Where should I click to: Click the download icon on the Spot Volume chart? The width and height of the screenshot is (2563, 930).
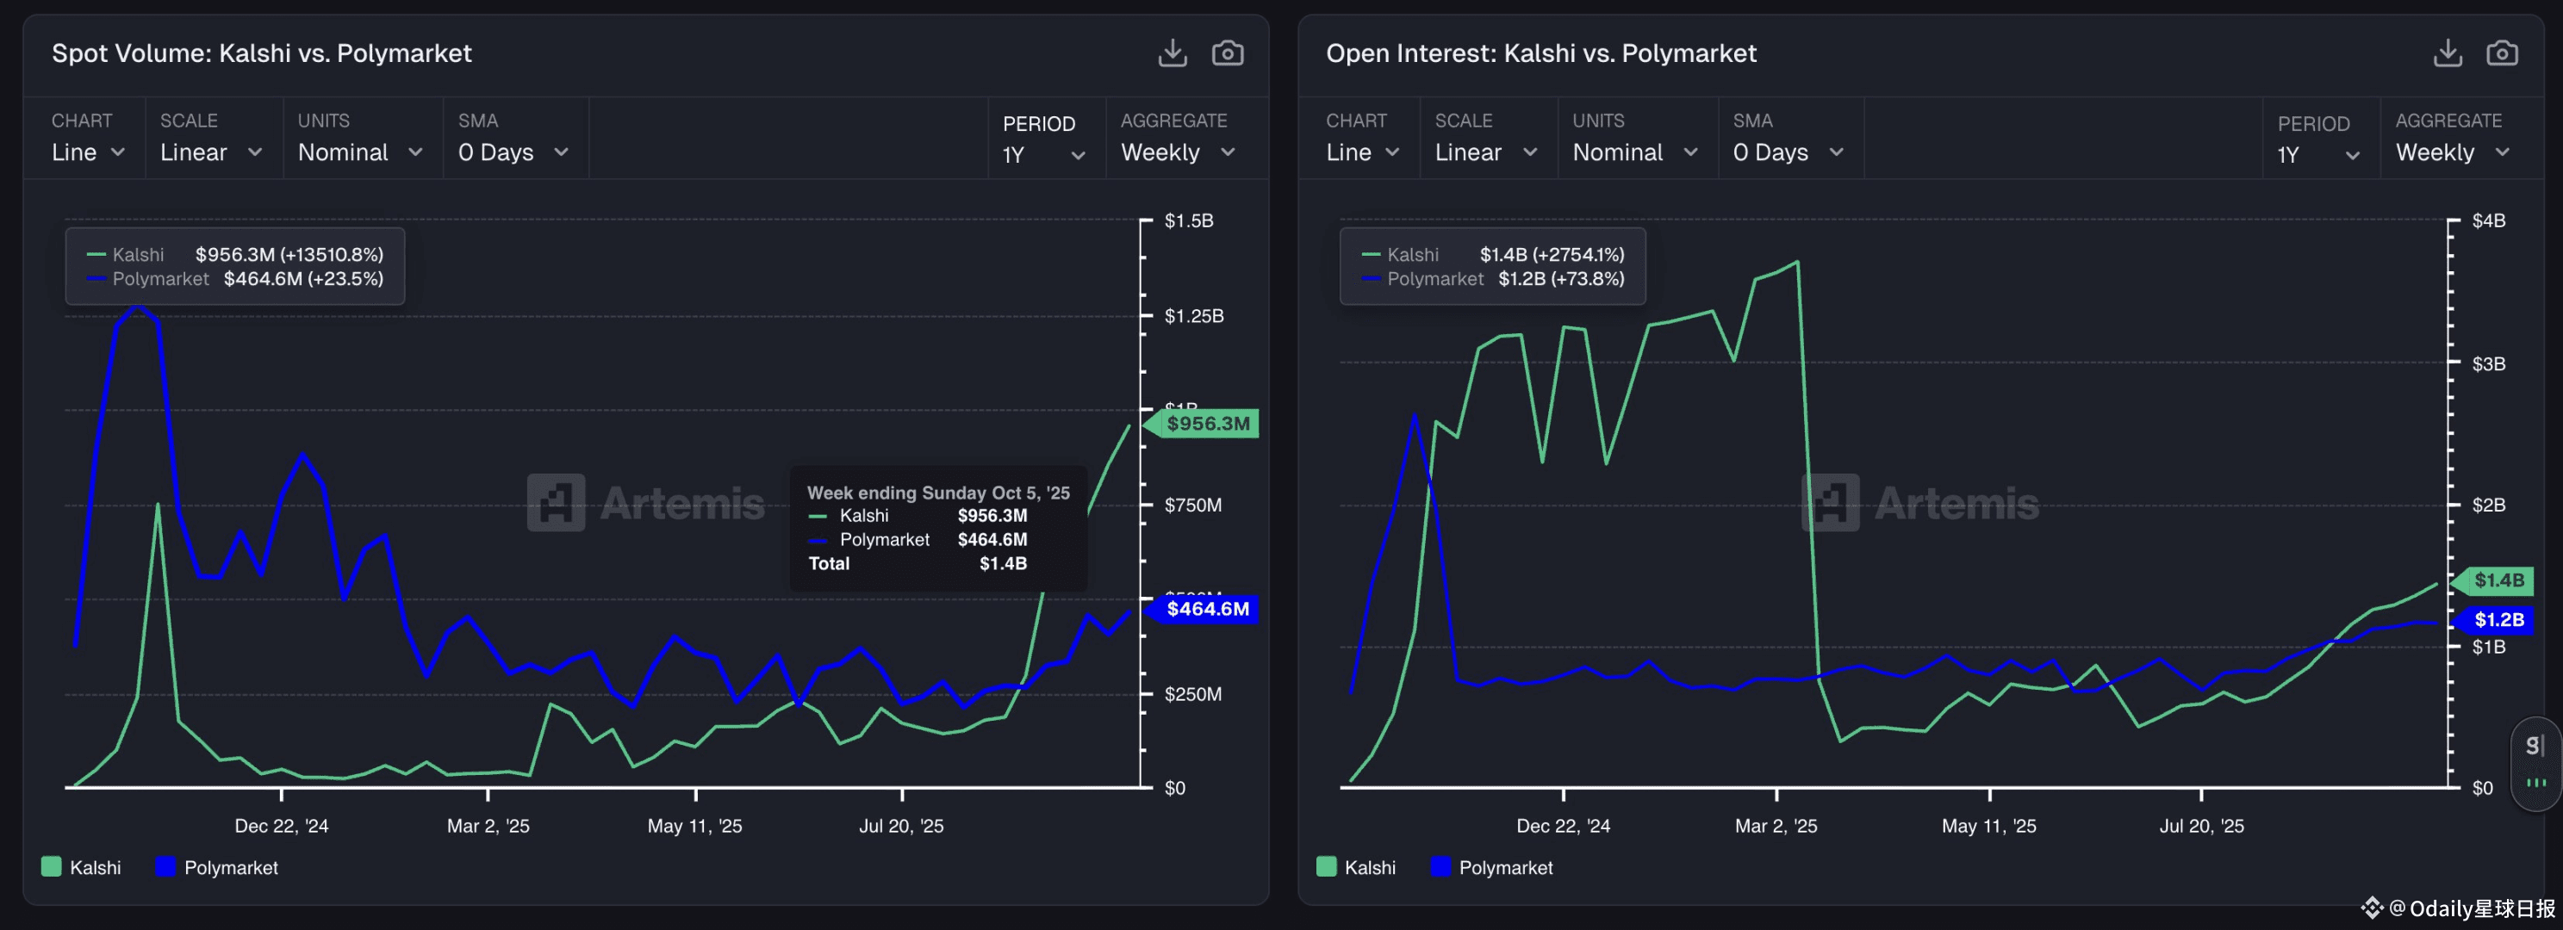click(1172, 53)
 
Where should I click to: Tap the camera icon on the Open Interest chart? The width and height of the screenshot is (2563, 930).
click(2501, 53)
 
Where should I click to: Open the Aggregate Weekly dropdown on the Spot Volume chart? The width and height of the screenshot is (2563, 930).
click(1177, 152)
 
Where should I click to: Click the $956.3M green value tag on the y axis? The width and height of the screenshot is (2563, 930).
click(1207, 424)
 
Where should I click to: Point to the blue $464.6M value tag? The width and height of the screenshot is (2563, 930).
click(1207, 609)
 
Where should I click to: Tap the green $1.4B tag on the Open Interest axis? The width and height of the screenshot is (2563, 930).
click(2498, 580)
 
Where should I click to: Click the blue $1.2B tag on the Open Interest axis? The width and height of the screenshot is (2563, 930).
click(2498, 620)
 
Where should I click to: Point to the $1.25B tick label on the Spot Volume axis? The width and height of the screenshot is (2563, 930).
click(1194, 316)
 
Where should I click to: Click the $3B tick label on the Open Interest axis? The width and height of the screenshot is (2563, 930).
click(2488, 364)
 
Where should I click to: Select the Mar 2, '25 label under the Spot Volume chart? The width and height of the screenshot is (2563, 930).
click(488, 826)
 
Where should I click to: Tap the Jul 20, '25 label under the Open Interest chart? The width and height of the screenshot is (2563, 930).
click(2201, 826)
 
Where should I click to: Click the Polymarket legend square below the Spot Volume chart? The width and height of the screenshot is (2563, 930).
click(165, 866)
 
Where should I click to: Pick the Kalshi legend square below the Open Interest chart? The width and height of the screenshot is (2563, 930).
click(1326, 866)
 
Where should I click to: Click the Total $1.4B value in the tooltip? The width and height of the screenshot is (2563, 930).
click(1003, 564)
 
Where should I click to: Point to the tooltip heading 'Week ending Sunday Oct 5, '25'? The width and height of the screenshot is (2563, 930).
click(938, 493)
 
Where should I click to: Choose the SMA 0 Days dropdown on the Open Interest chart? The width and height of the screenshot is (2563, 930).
click(1788, 152)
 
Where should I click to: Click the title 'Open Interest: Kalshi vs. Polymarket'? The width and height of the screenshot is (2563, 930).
click(1540, 53)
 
